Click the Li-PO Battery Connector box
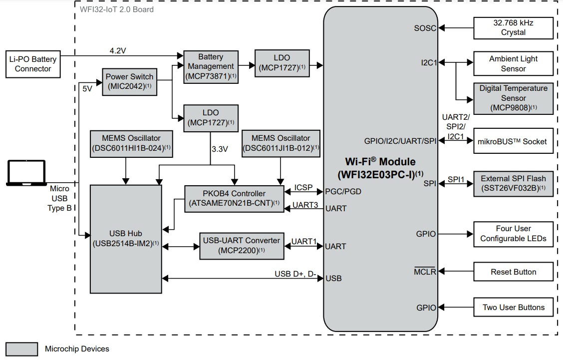point(33,64)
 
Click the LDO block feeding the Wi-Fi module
point(281,63)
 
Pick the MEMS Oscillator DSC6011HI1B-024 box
point(132,143)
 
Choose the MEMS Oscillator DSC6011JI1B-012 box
point(281,143)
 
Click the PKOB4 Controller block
point(234,199)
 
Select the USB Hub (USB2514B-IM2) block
point(126,238)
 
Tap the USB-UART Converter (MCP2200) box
point(242,246)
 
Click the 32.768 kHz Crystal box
point(513,27)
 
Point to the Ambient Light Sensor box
point(513,64)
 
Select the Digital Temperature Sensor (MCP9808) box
point(513,98)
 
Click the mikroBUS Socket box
point(513,141)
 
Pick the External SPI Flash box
point(513,183)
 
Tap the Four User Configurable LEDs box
point(513,234)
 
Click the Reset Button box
point(513,272)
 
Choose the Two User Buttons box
point(513,307)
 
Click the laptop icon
point(26,171)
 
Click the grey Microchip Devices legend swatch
point(21,349)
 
